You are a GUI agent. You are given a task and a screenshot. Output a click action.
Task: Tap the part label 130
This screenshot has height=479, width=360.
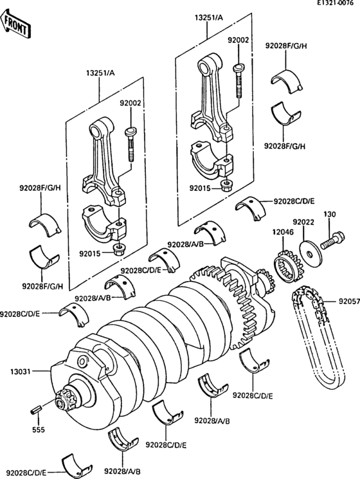[x=329, y=213]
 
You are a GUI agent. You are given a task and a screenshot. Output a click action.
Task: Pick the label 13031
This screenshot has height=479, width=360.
[x=17, y=370]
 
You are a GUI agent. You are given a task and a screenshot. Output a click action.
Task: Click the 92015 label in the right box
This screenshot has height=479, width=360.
[x=200, y=188]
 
